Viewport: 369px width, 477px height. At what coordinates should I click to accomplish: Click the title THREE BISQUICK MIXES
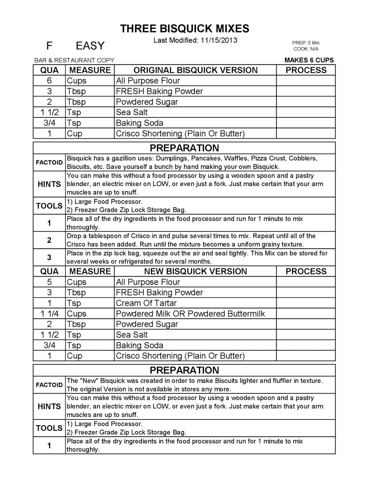pyautogui.click(x=184, y=29)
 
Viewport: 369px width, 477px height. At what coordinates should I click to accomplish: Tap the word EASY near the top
pyautogui.click(x=90, y=46)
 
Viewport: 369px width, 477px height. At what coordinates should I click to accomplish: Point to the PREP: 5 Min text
pyautogui.click(x=306, y=43)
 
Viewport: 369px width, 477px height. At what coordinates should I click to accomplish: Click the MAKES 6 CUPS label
pyautogui.click(x=309, y=60)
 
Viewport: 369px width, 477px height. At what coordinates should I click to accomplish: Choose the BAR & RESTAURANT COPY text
pyautogui.click(x=74, y=60)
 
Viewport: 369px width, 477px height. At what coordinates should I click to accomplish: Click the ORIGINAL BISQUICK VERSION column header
pyautogui.click(x=195, y=70)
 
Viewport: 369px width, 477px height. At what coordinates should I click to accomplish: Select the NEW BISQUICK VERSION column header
pyautogui.click(x=195, y=271)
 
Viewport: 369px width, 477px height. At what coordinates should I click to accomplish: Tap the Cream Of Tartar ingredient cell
pyautogui.click(x=146, y=303)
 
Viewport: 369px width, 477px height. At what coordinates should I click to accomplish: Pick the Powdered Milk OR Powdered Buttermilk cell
pyautogui.click(x=190, y=313)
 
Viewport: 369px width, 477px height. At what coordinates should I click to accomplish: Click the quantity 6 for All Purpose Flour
pyautogui.click(x=49, y=81)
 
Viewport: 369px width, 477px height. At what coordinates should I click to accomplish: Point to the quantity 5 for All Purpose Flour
pyautogui.click(x=49, y=282)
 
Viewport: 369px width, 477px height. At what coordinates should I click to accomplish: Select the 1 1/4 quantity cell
pyautogui.click(x=49, y=313)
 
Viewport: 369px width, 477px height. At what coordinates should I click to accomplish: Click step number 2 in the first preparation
pyautogui.click(x=49, y=240)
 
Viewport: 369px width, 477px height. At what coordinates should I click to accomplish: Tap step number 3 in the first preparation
pyautogui.click(x=49, y=257)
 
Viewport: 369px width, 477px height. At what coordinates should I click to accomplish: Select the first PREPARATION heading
pyautogui.click(x=184, y=148)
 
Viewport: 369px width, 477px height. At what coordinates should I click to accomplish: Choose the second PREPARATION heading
pyautogui.click(x=184, y=370)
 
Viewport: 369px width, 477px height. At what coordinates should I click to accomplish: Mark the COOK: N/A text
pyautogui.click(x=306, y=49)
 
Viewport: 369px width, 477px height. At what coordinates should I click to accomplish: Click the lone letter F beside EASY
pyautogui.click(x=49, y=46)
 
